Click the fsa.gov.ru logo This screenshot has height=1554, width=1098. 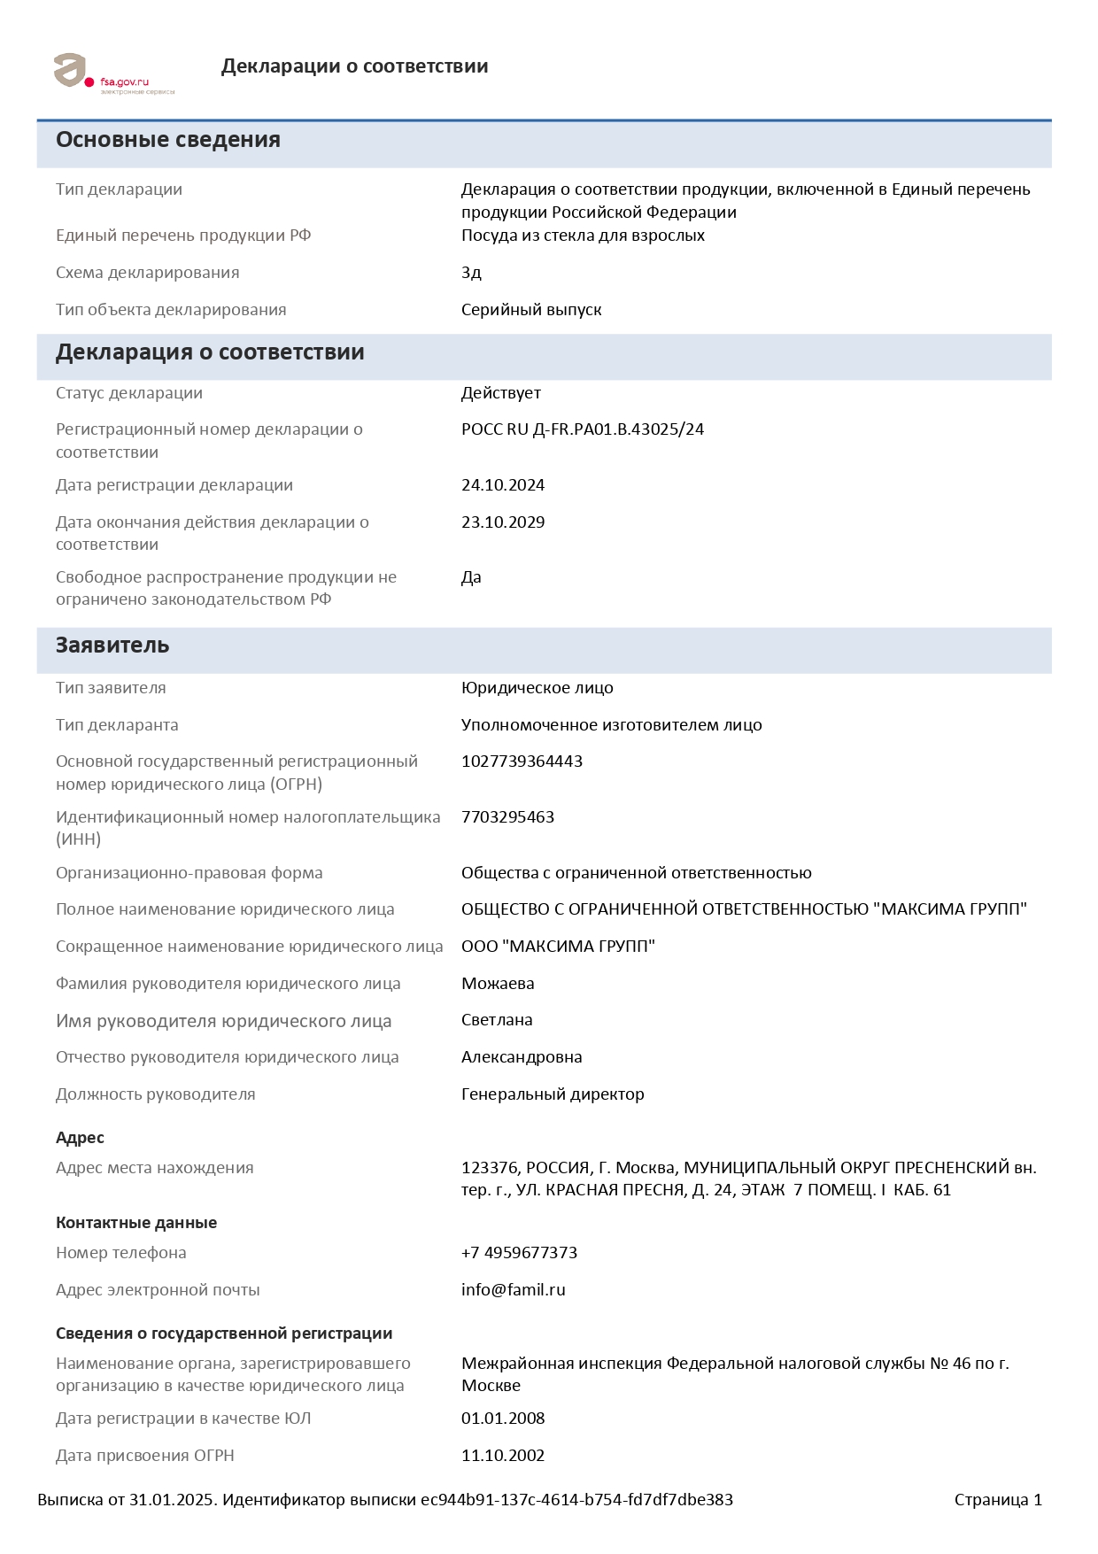[x=113, y=73]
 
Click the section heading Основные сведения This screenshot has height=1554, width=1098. [x=168, y=140]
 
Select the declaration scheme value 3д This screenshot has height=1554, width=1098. [x=471, y=273]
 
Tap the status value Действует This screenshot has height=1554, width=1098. [x=500, y=393]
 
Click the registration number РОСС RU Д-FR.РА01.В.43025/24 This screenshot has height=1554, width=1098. [x=582, y=429]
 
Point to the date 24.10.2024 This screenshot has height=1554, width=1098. [x=502, y=485]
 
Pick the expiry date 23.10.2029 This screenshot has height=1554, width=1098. [x=502, y=522]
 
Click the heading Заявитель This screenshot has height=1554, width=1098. [x=112, y=646]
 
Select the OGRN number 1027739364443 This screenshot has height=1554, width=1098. [x=522, y=762]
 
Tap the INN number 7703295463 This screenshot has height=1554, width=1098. [x=507, y=817]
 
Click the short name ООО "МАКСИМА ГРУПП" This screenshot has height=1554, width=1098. [x=558, y=947]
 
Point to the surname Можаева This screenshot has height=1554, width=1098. [x=498, y=984]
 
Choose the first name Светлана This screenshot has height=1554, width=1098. [x=497, y=1020]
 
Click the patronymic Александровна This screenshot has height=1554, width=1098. [x=522, y=1057]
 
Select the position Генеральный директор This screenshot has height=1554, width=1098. [x=553, y=1094]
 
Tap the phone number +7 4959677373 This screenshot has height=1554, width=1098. [x=519, y=1253]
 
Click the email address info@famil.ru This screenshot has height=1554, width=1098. [x=513, y=1290]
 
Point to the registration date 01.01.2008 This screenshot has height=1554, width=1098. [x=502, y=1419]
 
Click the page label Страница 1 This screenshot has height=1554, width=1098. [x=998, y=1500]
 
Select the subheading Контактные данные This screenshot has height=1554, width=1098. [x=136, y=1223]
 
